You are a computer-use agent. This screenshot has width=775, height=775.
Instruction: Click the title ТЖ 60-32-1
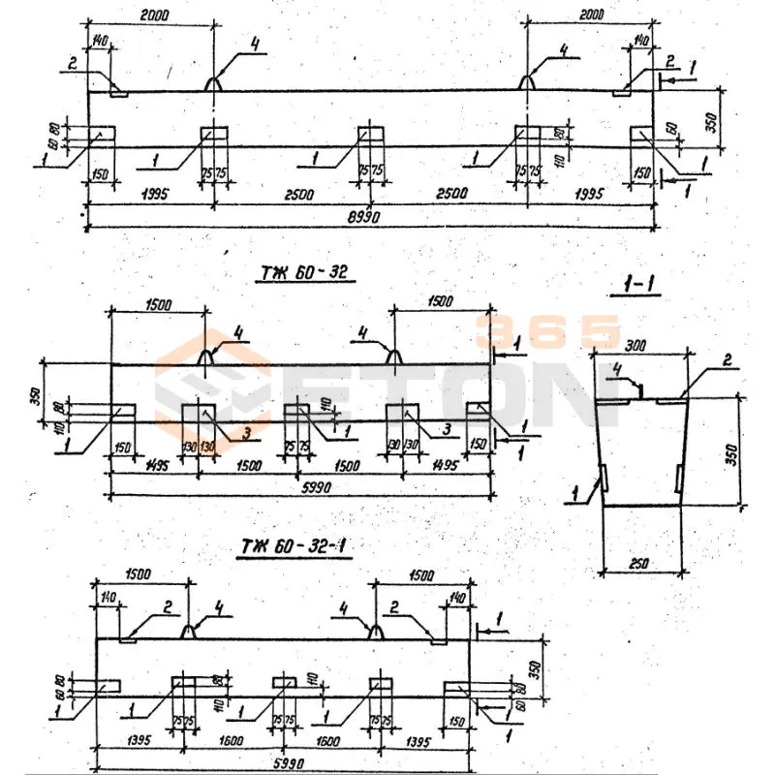[294, 548]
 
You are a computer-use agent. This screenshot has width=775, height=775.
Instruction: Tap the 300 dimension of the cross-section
[636, 345]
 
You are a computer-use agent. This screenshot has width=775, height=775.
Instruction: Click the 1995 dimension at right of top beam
[588, 194]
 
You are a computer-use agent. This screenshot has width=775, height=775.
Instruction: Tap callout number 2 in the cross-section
[725, 361]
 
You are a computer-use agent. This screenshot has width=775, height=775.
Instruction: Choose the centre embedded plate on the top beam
[372, 133]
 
